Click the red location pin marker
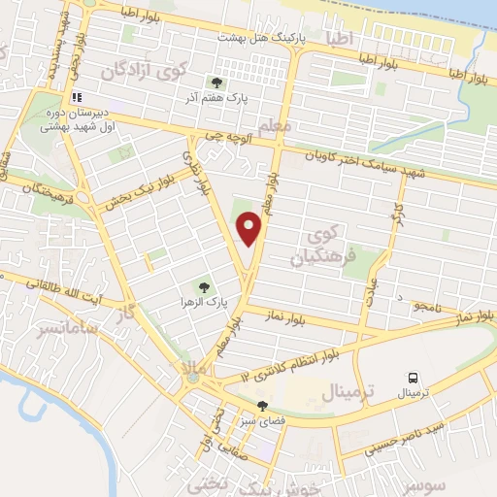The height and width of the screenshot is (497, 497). [250, 228]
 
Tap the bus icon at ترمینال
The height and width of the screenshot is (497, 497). [414, 378]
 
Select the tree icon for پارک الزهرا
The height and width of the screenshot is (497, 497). [204, 286]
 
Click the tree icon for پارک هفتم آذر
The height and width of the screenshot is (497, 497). [215, 83]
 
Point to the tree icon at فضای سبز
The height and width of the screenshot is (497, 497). [261, 406]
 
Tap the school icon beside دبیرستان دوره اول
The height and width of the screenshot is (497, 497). [77, 97]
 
